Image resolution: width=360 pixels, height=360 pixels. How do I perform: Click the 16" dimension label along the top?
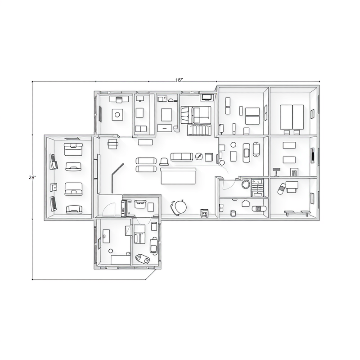pyautogui.click(x=179, y=80)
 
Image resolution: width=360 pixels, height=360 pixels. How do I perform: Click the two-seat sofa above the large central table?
pyautogui.click(x=181, y=157)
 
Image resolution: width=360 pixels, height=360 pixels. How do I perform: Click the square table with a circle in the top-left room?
pyautogui.click(x=117, y=115)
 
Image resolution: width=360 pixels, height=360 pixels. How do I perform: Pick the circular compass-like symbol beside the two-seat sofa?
pyautogui.click(x=198, y=157)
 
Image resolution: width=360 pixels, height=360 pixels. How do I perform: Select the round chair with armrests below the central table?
pyautogui.click(x=179, y=207)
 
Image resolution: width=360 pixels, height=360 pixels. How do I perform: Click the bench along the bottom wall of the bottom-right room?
pyautogui.click(x=297, y=211)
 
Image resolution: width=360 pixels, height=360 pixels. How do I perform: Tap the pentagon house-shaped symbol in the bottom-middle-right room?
pyautogui.click(x=245, y=203)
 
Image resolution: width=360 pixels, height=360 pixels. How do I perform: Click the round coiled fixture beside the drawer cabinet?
pyautogui.click(x=245, y=184)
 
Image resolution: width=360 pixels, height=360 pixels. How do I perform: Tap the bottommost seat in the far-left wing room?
pyautogui.click(x=74, y=209)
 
